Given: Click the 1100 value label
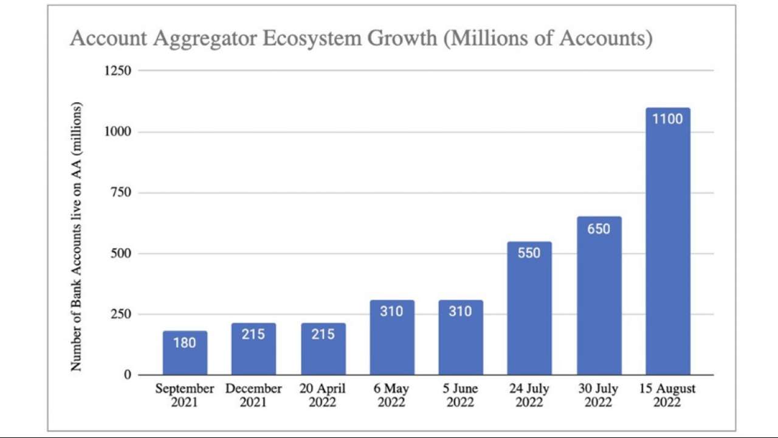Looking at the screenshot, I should [x=667, y=119].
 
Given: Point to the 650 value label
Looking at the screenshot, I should [x=599, y=229].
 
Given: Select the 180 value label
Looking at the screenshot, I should [x=185, y=343].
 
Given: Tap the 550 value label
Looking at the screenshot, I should [x=529, y=253].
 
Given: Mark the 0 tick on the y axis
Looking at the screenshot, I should [x=127, y=375].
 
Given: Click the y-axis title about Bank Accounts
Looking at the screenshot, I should [x=77, y=236].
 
